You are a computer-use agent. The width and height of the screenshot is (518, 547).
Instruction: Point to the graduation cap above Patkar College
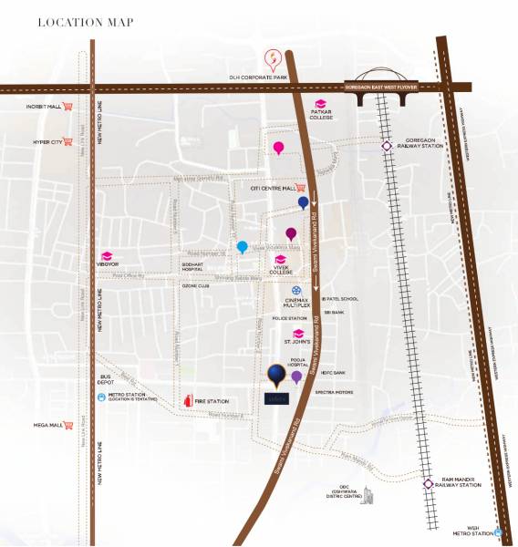tap(320, 103)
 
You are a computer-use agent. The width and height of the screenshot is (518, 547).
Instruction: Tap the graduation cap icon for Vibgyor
tap(106, 255)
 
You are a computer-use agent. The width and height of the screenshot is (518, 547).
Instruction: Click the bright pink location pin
tap(278, 147)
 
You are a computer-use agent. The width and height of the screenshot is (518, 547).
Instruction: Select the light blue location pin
tap(242, 246)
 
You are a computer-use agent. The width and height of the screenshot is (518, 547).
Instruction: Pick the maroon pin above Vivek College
tap(291, 233)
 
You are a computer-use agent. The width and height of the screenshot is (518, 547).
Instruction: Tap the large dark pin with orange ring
tap(275, 372)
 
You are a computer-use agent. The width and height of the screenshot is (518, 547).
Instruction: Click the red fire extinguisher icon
tap(188, 399)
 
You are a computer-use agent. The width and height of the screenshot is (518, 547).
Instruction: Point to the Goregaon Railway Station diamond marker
tap(387, 144)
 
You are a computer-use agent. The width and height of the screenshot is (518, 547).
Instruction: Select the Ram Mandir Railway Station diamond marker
tap(428, 484)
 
